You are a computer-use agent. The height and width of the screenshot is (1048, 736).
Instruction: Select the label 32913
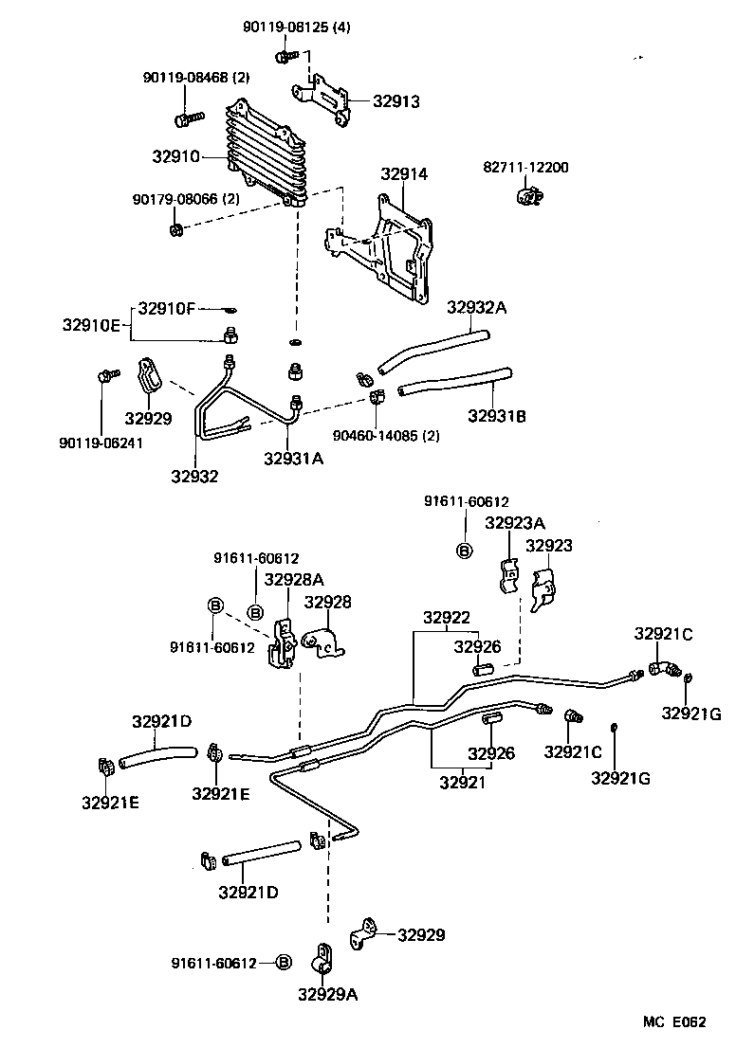tap(396, 101)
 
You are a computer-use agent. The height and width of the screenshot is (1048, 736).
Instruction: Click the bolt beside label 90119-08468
tap(188, 118)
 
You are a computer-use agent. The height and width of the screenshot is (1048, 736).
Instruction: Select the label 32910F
tap(167, 308)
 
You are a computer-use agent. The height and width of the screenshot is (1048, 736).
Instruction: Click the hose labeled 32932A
tap(432, 349)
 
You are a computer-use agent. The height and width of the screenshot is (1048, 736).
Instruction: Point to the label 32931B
tap(498, 415)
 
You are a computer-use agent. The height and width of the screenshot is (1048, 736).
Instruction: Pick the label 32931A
tap(294, 459)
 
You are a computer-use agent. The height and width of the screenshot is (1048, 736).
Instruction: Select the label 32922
tap(447, 618)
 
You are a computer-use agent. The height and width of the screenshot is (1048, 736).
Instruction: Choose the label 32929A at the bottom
tap(327, 994)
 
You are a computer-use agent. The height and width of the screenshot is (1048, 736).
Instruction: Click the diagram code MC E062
tap(674, 1021)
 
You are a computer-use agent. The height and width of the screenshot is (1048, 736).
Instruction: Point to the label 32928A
tap(294, 579)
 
